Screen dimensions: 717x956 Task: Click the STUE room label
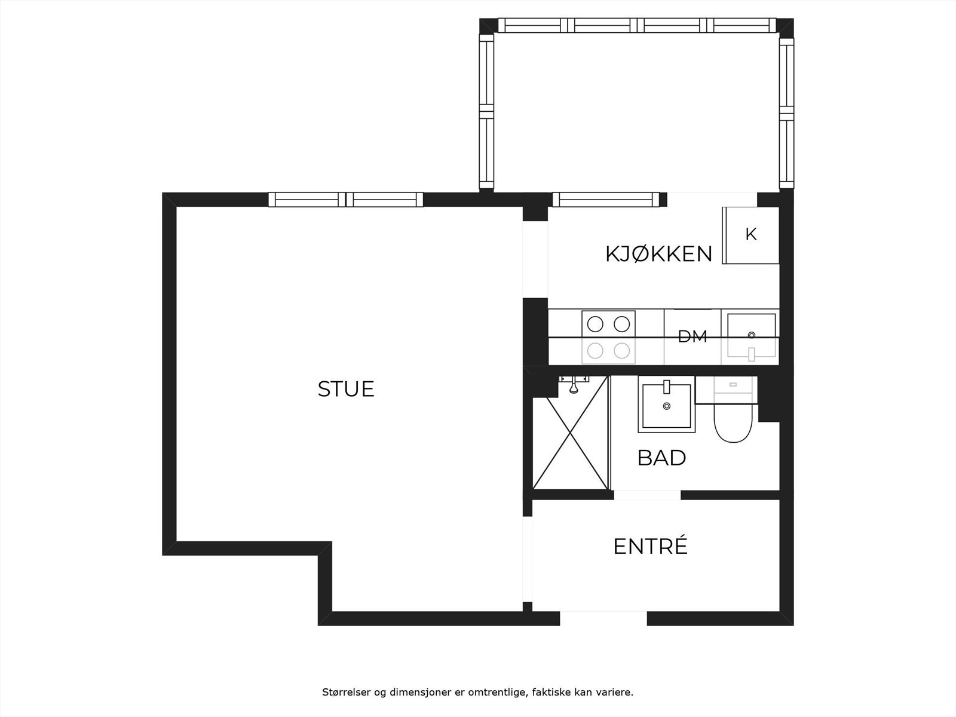[x=345, y=389]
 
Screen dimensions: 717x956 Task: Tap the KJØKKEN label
[x=658, y=254]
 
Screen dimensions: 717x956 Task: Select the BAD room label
[x=661, y=458]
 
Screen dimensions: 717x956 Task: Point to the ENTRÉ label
[x=650, y=546]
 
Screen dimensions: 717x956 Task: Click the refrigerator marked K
[x=750, y=235]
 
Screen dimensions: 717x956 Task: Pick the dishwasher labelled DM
[x=693, y=336]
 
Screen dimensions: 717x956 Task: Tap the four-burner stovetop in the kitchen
[x=608, y=337]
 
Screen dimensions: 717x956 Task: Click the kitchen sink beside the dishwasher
[x=751, y=337]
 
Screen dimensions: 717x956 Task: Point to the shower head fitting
[x=574, y=388]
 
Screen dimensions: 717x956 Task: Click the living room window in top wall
[x=345, y=200]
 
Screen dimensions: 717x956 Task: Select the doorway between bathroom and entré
[x=647, y=495]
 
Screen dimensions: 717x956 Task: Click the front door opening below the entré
[x=603, y=618]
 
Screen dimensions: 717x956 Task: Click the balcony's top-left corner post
[x=488, y=26]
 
